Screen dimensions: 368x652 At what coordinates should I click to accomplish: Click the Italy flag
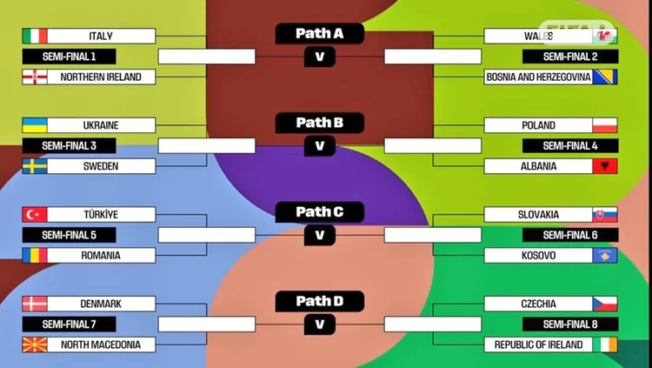pyautogui.click(x=35, y=36)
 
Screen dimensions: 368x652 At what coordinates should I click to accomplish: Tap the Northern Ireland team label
pyautogui.click(x=101, y=77)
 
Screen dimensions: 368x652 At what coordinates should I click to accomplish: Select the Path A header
pyautogui.click(x=319, y=34)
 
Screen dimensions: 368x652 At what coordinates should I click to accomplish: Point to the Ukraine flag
pyautogui.click(x=35, y=125)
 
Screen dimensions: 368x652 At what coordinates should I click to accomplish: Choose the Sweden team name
pyautogui.click(x=101, y=166)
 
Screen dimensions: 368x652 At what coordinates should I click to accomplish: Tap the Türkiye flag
pyautogui.click(x=35, y=215)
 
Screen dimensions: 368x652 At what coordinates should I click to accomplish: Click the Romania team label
pyautogui.click(x=101, y=256)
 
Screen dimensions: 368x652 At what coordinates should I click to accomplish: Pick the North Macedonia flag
pyautogui.click(x=35, y=345)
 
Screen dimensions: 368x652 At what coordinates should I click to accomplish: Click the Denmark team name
pyautogui.click(x=101, y=304)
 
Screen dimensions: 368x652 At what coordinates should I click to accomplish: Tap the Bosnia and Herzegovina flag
pyautogui.click(x=605, y=77)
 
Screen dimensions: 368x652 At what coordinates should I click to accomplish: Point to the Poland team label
pyautogui.click(x=539, y=125)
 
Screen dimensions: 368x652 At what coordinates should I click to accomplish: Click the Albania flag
pyautogui.click(x=605, y=166)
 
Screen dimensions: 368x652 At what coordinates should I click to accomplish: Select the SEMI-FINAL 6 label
pyautogui.click(x=569, y=235)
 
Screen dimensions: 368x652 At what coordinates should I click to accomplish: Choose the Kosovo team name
pyautogui.click(x=539, y=256)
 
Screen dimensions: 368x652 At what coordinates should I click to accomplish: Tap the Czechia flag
pyautogui.click(x=605, y=304)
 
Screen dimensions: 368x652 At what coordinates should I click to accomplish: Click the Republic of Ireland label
pyautogui.click(x=539, y=345)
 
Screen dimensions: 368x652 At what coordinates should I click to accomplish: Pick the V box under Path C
pyautogui.click(x=319, y=235)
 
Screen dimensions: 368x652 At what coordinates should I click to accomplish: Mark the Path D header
pyautogui.click(x=319, y=302)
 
